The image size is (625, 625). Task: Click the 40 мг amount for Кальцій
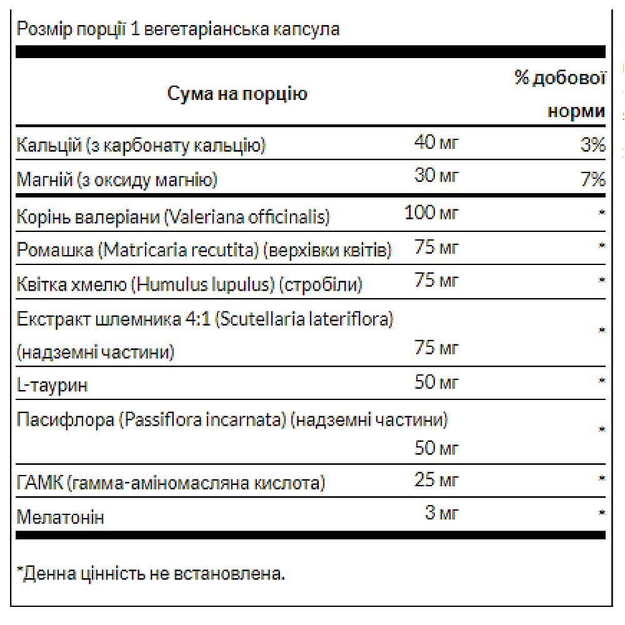click(436, 144)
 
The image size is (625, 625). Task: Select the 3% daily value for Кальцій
click(592, 146)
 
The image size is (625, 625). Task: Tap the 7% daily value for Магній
click(592, 180)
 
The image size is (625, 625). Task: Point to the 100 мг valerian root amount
click(431, 212)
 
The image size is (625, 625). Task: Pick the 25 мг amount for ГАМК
click(436, 480)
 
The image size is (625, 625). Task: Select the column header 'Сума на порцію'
click(237, 94)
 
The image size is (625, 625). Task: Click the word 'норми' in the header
click(576, 111)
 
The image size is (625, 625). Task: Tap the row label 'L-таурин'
click(52, 384)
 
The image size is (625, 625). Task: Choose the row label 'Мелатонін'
click(60, 517)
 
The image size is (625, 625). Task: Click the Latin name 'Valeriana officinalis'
click(247, 216)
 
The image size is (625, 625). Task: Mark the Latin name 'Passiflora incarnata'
click(204, 419)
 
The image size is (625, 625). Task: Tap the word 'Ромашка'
click(55, 250)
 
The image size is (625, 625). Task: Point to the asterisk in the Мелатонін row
click(602, 514)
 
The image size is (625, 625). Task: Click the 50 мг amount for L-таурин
click(436, 381)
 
